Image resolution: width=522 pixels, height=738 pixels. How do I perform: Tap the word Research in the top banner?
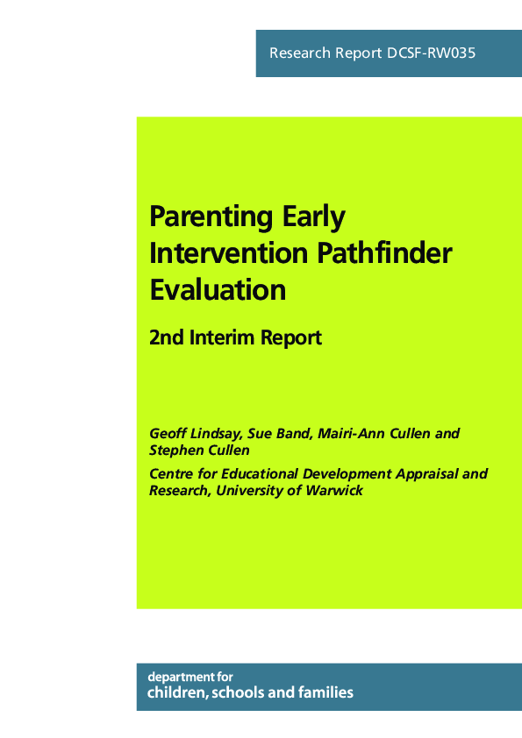point(300,53)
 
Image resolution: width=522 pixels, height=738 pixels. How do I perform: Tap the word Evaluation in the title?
point(218,289)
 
